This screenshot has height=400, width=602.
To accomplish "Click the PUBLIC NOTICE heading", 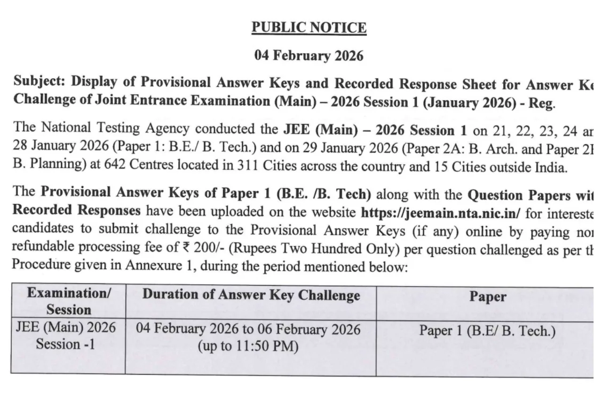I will coord(309,28).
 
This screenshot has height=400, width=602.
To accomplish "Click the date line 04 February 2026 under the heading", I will coord(309,56).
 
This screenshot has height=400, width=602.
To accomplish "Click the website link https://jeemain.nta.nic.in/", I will coord(441,212).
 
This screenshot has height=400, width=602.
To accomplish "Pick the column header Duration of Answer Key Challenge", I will coord(251,296).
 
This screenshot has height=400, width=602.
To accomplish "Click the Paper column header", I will coord(488,296).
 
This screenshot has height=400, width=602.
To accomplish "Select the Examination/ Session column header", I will coord(69,301).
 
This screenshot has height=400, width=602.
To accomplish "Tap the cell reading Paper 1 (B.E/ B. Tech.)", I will coord(488,331).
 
